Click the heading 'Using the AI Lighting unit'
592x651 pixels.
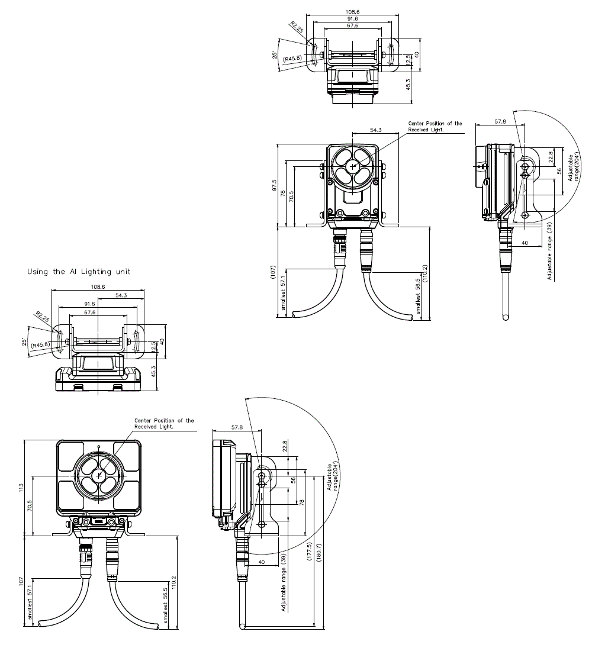point(79,272)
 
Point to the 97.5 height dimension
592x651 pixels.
point(274,185)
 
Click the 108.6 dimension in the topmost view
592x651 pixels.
point(353,11)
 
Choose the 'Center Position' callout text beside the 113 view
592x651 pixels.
point(164,423)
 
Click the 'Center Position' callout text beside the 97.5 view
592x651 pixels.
point(435,126)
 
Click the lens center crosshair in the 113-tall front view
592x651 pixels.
point(99,475)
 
